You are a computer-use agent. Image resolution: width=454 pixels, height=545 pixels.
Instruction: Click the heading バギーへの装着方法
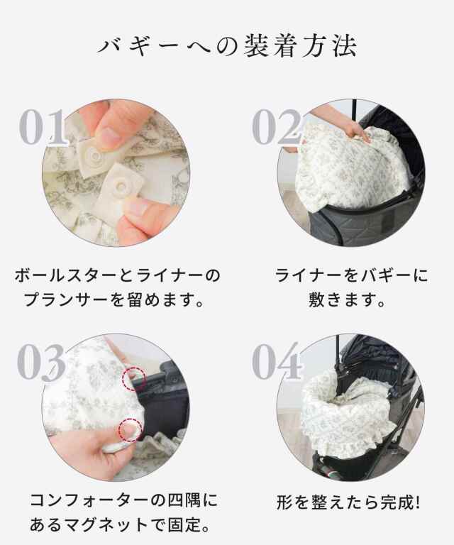click(x=227, y=46)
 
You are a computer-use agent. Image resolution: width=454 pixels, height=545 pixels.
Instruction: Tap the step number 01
click(x=43, y=127)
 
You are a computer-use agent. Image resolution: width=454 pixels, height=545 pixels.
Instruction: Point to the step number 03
click(x=42, y=362)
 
